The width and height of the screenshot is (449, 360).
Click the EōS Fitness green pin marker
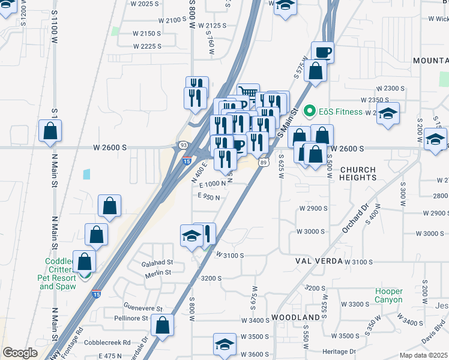coord(310,111)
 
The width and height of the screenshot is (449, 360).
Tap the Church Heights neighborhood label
coord(358,173)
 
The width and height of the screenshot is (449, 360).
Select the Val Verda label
coord(318,261)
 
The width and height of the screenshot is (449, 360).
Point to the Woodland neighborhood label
coord(295,317)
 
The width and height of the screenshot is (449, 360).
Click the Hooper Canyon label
coord(389,295)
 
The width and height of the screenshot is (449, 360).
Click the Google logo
coord(20,353)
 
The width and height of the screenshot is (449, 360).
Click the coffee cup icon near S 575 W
coord(322,52)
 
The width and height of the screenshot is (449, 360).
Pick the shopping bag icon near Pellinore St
coord(162,326)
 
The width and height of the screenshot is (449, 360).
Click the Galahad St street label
coord(157,262)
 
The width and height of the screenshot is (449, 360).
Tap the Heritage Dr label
coord(339,351)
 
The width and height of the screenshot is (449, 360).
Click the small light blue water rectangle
coord(87,175)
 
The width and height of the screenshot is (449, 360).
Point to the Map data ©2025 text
coord(423,355)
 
